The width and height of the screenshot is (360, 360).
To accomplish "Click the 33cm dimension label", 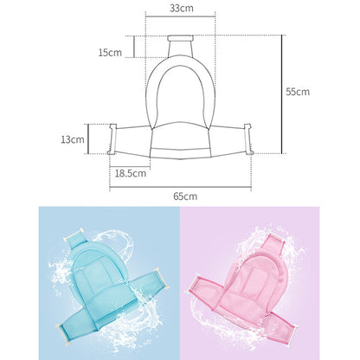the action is coord(182,8).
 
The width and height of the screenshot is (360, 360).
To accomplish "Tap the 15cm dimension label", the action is coord(110,53).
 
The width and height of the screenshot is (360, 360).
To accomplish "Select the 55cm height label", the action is coord(298,92).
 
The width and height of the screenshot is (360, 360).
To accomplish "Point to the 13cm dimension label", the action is coord(73,139).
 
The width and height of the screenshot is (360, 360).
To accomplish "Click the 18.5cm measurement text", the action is coord(131,173).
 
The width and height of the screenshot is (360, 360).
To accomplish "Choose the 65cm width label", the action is coord(185,196).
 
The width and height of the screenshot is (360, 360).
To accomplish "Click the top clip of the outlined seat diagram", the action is coord(181,38).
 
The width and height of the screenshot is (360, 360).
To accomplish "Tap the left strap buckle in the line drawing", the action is coord(112,139).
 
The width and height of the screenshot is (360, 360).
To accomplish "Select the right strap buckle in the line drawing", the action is coord(248,139).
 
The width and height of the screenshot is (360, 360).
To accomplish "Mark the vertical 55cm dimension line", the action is coord(282,94).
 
